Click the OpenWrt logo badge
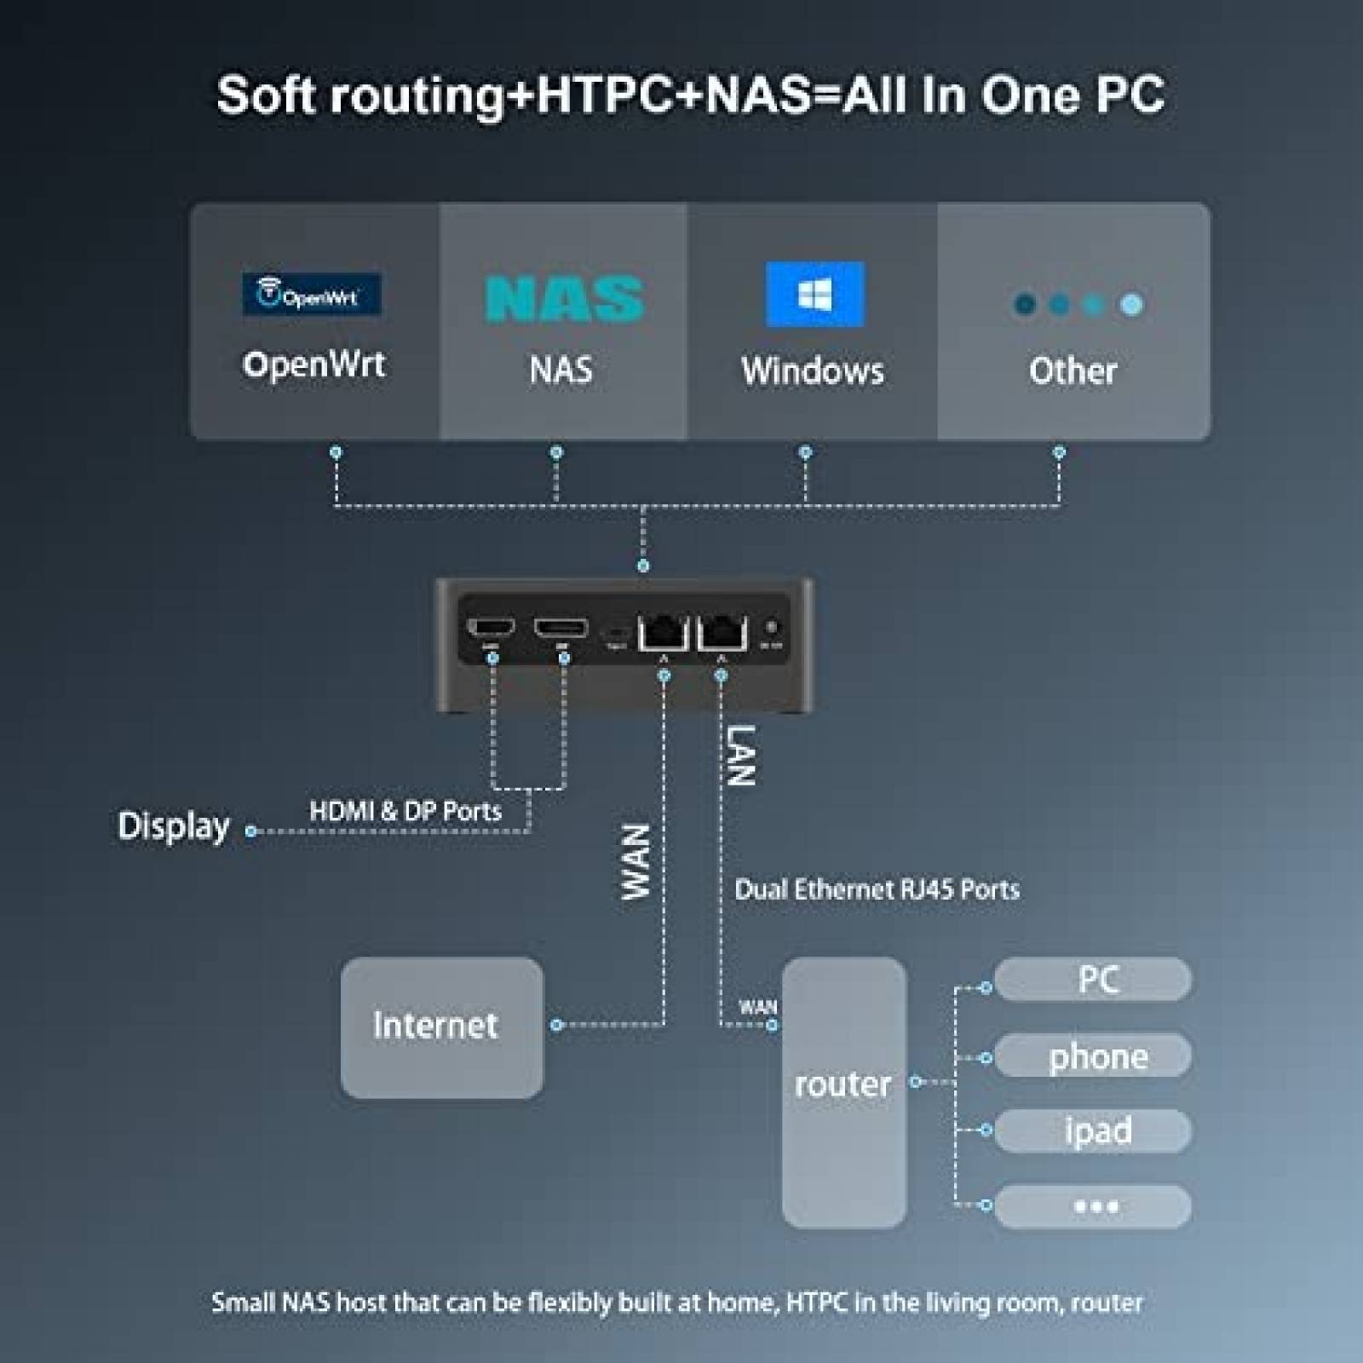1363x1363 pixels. (311, 295)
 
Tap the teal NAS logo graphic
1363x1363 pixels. (564, 298)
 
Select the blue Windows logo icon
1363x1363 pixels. (814, 295)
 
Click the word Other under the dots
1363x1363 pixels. (1073, 371)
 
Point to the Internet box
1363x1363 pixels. (441, 1027)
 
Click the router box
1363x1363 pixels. (843, 1090)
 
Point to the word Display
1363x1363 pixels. (174, 826)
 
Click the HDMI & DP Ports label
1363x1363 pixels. (405, 811)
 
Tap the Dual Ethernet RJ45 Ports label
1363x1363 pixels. (877, 889)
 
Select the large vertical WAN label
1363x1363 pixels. (635, 861)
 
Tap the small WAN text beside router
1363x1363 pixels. (757, 1007)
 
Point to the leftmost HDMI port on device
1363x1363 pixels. (492, 629)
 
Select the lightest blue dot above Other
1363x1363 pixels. (1131, 304)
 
